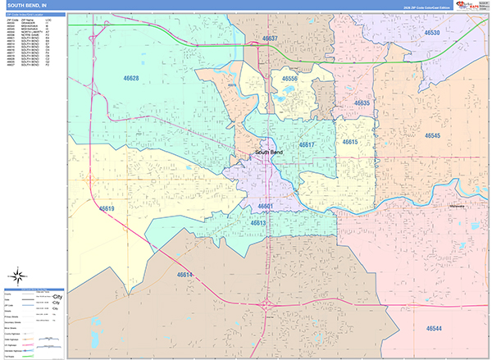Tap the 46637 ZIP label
click(x=270, y=39)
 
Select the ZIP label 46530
click(x=432, y=33)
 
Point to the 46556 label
click(x=289, y=79)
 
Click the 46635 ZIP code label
click(x=362, y=103)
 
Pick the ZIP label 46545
click(x=432, y=135)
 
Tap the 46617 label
click(x=307, y=144)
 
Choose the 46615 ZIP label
click(x=350, y=142)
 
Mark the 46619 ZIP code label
click(x=107, y=209)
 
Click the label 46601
click(x=266, y=207)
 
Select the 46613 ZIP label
click(x=258, y=222)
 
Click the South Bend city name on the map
click(x=268, y=153)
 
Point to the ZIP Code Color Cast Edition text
click(x=421, y=7)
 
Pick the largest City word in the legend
click(x=57, y=295)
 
